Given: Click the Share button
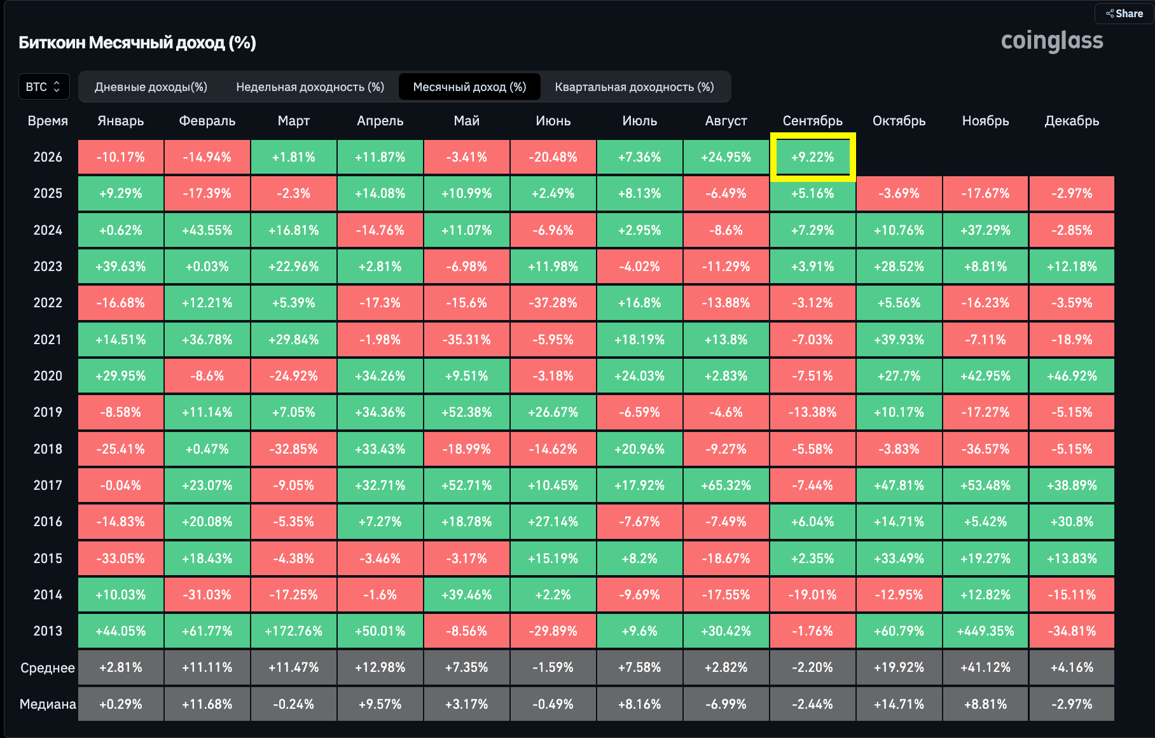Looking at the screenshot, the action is [x=1124, y=13].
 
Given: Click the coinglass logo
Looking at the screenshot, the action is [x=1052, y=41].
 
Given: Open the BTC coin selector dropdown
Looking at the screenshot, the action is [x=43, y=87].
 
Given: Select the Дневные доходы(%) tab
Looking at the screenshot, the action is [x=151, y=87].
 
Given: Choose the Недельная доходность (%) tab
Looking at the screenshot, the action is [x=310, y=87].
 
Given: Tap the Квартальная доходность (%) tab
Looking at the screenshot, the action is [x=634, y=87].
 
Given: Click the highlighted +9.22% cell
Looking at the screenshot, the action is [x=813, y=157].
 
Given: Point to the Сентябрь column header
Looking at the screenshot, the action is [x=813, y=121].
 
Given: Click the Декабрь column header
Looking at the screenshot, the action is [x=1072, y=121].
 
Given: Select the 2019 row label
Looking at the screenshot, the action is [x=48, y=412].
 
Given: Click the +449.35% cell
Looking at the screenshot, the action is [x=985, y=631].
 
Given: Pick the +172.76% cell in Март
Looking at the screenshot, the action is [x=294, y=631].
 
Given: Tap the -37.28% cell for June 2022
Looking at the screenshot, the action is [x=553, y=303].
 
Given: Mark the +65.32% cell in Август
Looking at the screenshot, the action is [x=726, y=485].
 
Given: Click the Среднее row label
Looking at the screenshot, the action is [x=48, y=668].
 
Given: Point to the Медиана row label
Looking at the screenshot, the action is [x=48, y=704].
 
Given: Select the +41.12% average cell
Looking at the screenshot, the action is [x=985, y=667].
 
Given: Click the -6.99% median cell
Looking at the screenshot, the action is [x=726, y=704].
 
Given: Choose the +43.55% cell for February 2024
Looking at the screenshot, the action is [x=207, y=230].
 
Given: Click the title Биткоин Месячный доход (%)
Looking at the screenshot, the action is [x=137, y=43].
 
